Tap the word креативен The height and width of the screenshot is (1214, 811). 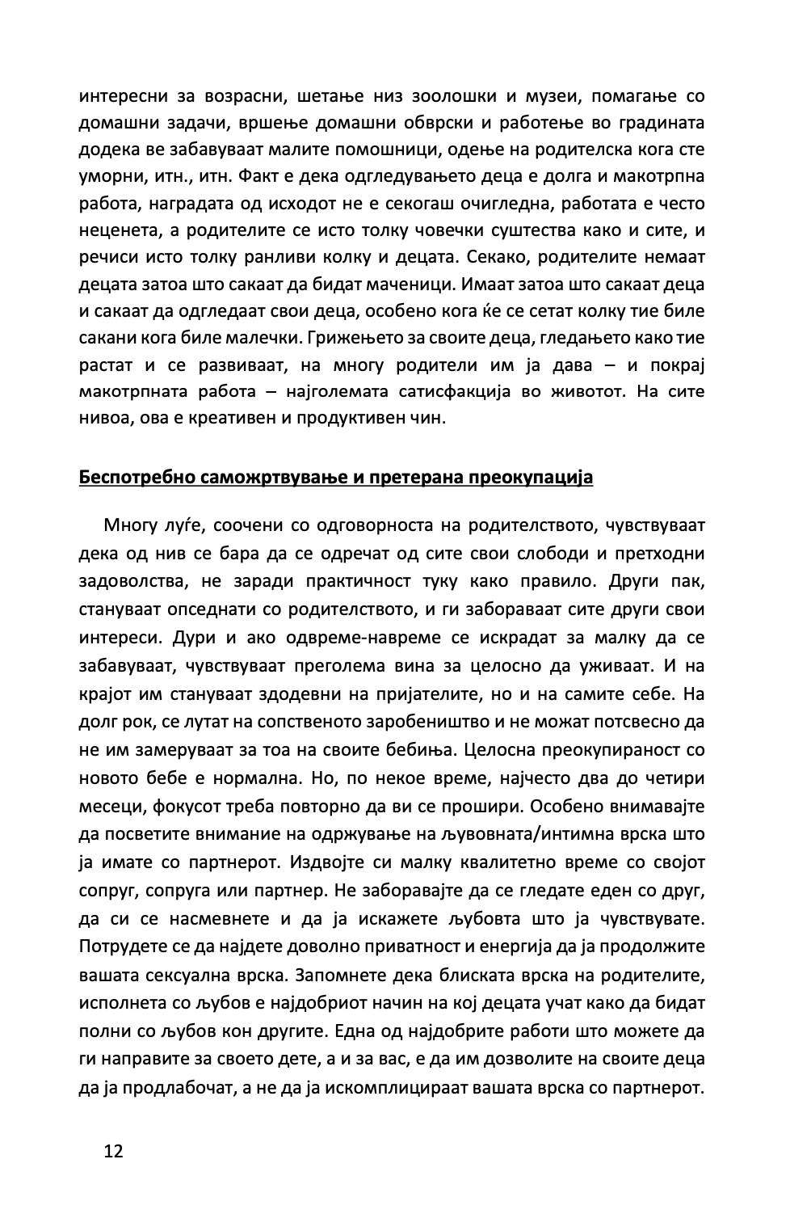pos(233,419)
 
